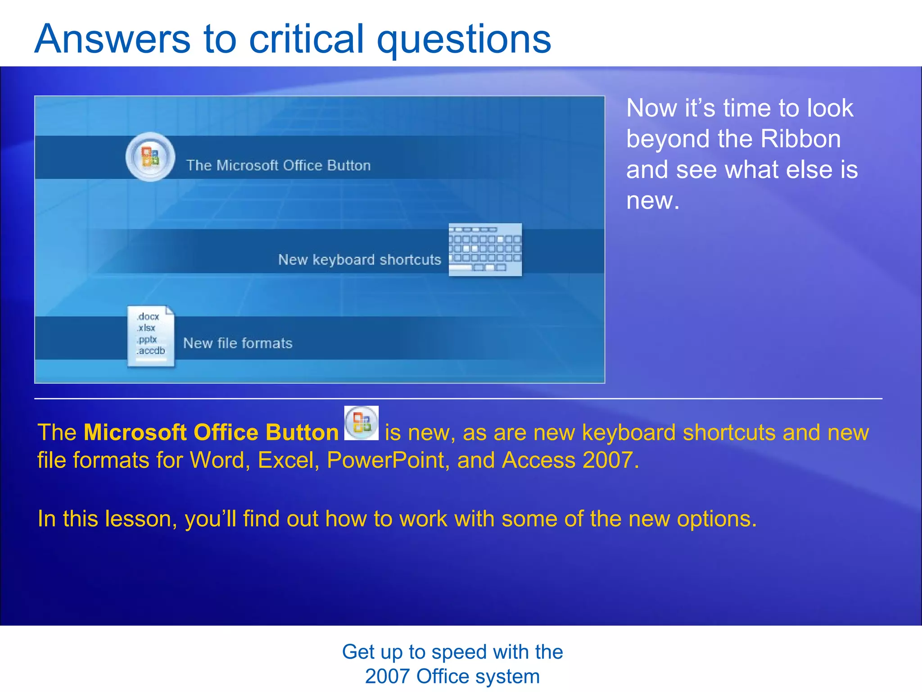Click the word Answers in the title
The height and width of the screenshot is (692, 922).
point(113,39)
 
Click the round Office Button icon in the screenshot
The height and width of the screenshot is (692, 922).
point(150,157)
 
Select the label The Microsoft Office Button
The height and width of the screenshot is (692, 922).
point(278,165)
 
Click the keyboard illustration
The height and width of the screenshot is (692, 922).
point(485,249)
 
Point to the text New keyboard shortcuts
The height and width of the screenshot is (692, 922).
point(359,259)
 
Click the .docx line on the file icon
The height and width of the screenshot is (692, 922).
point(149,317)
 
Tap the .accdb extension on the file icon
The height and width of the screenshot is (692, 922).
point(151,351)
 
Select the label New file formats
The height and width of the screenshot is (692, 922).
point(238,343)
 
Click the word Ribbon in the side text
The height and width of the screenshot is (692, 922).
point(800,139)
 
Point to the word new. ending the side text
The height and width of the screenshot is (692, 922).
point(652,200)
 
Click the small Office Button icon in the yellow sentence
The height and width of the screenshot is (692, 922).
point(361,423)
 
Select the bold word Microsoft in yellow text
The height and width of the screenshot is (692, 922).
point(135,432)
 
